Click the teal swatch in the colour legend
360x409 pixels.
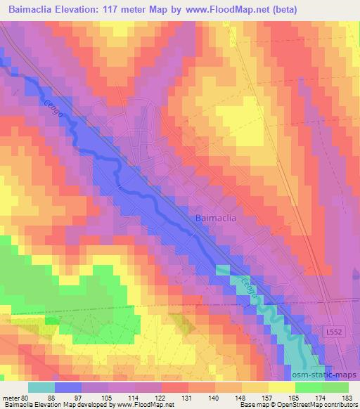click(x=41, y=387)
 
